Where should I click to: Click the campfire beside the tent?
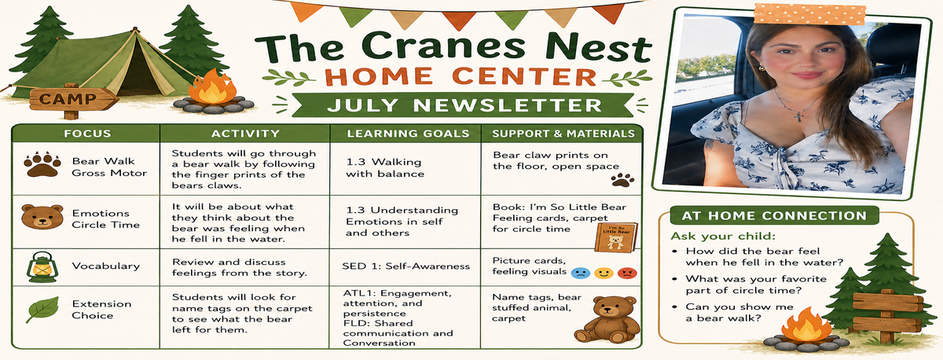[213, 93]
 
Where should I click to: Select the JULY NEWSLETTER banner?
[463, 105]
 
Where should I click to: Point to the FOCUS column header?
[87, 134]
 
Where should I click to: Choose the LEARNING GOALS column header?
[408, 134]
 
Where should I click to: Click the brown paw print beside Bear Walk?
[42, 164]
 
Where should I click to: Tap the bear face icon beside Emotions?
[42, 216]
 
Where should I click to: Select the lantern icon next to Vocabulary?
[42, 267]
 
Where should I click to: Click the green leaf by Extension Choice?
[43, 310]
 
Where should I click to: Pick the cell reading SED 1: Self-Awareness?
[405, 266]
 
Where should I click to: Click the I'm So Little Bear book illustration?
[616, 238]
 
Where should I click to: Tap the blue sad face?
[580, 274]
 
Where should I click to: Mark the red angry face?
[627, 274]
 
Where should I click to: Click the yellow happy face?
[604, 274]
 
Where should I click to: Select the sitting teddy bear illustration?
[607, 320]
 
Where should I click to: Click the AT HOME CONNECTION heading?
[774, 215]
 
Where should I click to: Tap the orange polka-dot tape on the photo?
[809, 13]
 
